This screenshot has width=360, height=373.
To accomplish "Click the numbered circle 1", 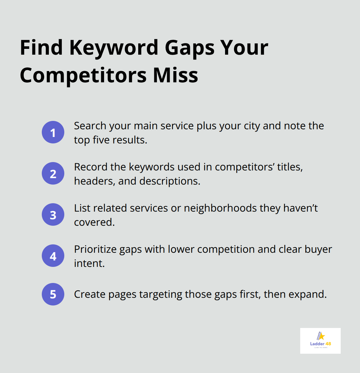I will (x=53, y=132).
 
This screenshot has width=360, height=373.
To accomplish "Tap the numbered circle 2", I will (x=53, y=173).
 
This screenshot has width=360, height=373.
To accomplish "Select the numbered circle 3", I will (x=53, y=214).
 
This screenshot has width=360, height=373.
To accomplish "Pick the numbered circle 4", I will (x=53, y=256).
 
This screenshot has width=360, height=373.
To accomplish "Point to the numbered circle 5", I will (x=53, y=294).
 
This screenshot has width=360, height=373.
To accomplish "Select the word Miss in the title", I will (x=175, y=75).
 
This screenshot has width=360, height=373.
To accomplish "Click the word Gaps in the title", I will (x=190, y=48).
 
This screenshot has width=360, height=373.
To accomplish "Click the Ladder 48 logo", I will (x=320, y=341).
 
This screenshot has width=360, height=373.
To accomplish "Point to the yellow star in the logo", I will (x=321, y=336).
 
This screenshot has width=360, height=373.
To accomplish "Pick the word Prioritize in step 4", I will (x=95, y=249).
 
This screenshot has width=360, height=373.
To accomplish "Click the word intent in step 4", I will (x=89, y=263).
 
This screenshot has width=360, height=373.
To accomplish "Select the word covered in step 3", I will (x=94, y=222).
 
